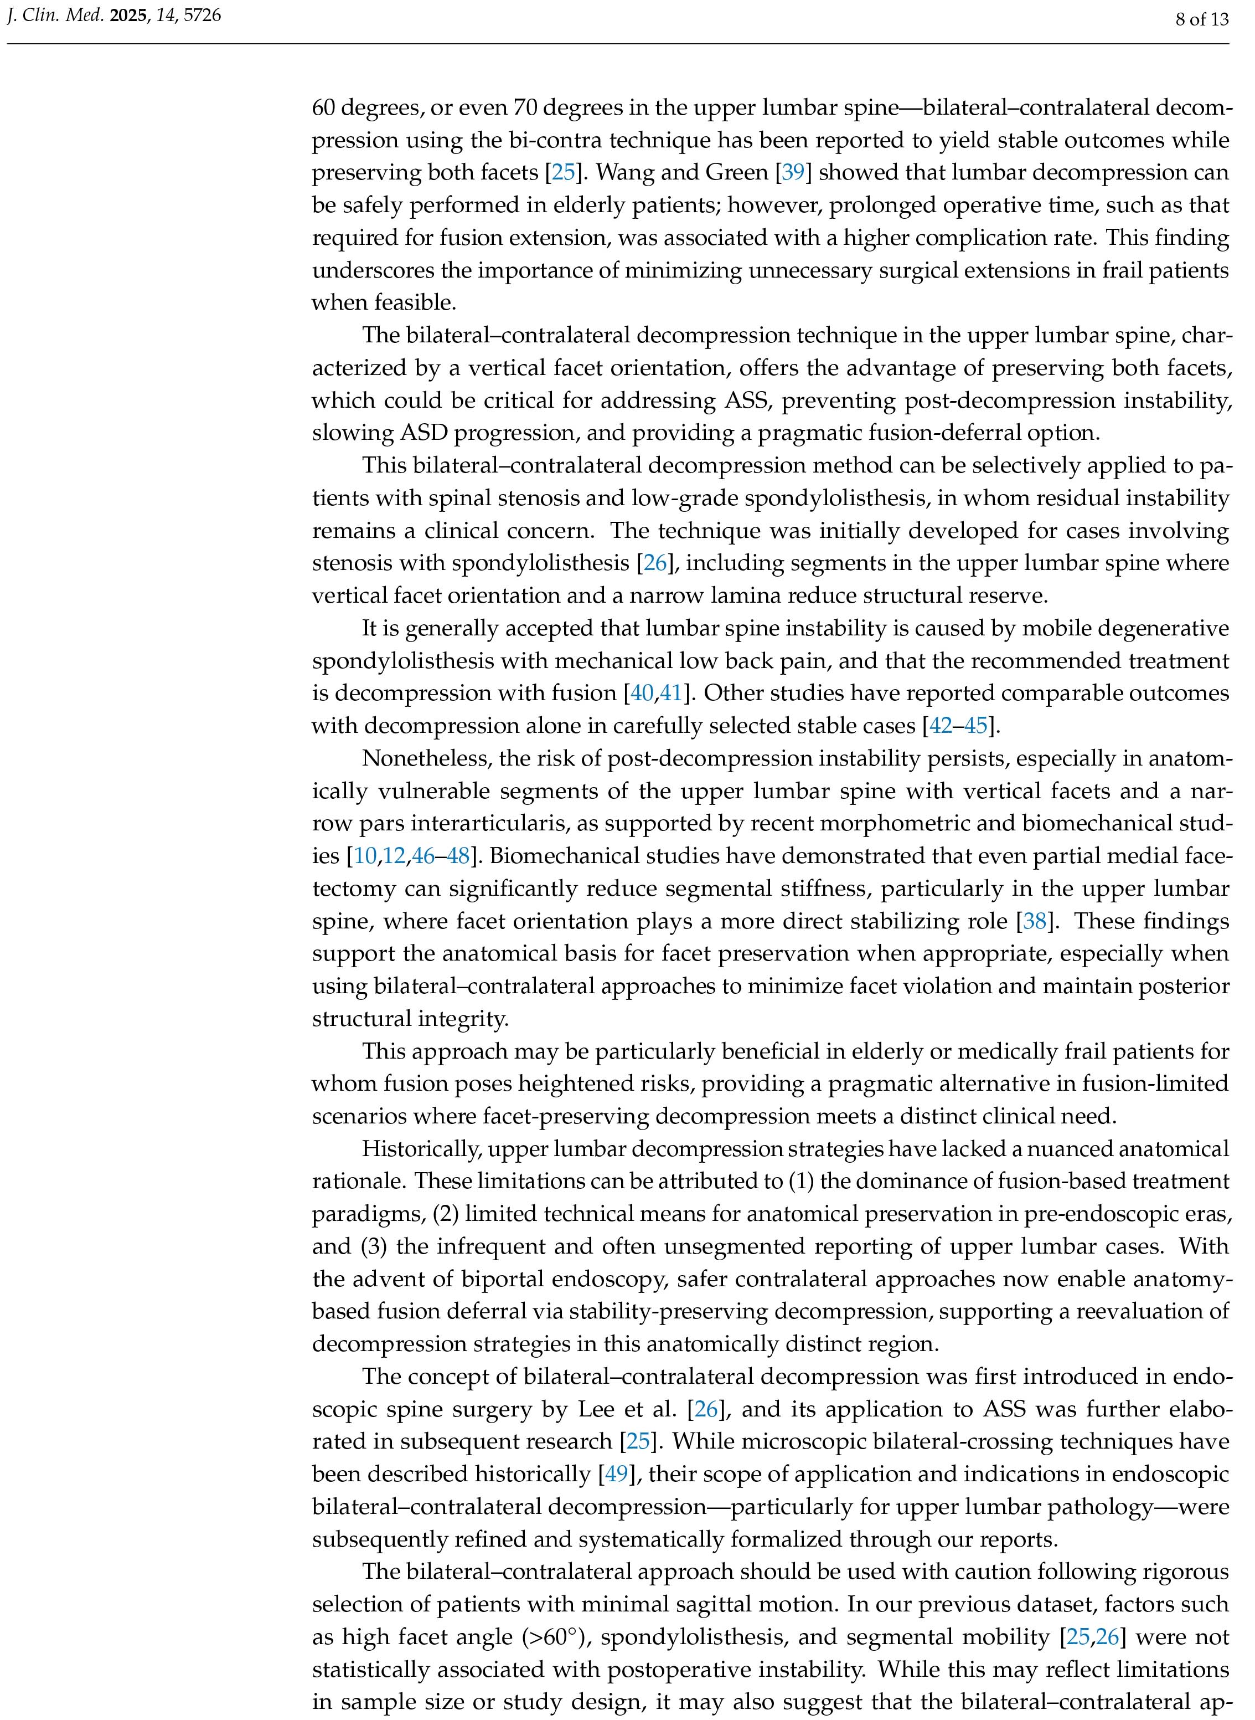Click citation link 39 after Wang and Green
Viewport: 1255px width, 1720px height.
coord(792,172)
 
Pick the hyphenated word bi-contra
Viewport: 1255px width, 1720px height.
coord(510,141)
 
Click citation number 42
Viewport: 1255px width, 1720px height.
coord(941,726)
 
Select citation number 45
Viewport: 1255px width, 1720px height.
coord(975,726)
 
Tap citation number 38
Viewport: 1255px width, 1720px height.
coord(1035,921)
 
